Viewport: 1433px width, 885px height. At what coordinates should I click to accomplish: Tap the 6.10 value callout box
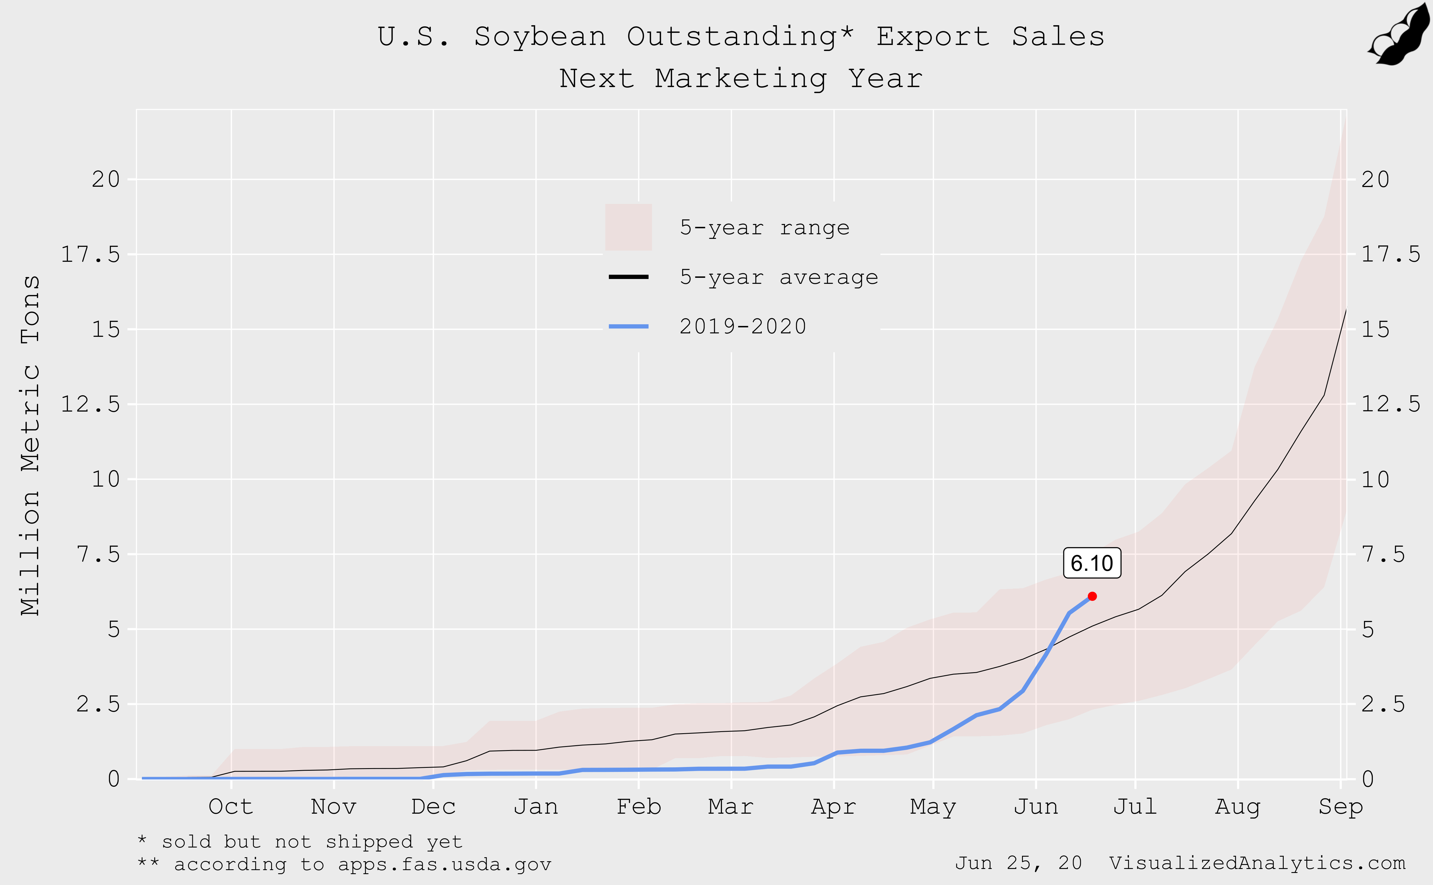1092,563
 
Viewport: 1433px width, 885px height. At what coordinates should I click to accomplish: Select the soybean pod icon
1400,34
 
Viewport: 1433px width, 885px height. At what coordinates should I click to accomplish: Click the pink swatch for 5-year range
628,227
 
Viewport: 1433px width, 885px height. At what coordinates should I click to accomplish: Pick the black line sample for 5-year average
628,277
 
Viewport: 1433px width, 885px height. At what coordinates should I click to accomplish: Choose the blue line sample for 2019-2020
628,326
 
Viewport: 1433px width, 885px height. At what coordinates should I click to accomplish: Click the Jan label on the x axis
536,807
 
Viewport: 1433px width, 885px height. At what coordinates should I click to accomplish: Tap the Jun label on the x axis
1036,807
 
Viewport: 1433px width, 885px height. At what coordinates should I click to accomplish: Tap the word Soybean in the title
540,37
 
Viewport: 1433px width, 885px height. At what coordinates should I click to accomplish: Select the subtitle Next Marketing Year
741,78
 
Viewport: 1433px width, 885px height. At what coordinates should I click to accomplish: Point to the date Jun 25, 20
1018,863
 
